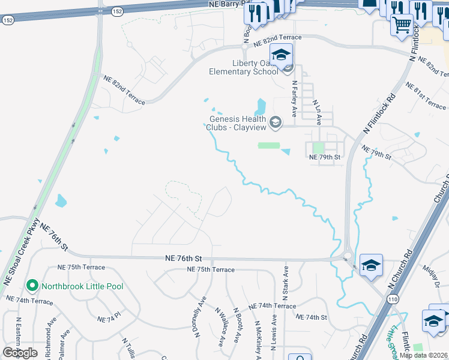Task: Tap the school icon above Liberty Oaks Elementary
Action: pos(280,55)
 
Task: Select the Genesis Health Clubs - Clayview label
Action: pos(237,123)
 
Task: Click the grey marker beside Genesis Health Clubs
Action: pos(276,123)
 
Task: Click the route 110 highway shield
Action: pos(393,299)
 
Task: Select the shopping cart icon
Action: pos(402,25)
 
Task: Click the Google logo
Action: pos(20,352)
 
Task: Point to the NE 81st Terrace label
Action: pos(426,95)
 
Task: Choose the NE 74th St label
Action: pos(311,317)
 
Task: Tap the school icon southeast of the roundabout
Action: pos(371,265)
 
